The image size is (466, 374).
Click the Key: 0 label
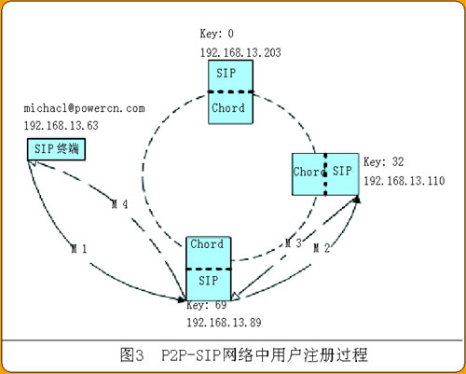click(x=216, y=34)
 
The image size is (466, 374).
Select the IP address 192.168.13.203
click(x=240, y=52)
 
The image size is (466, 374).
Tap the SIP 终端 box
click(x=56, y=149)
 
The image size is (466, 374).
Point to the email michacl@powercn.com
click(x=84, y=108)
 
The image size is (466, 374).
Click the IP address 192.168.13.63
click(x=62, y=126)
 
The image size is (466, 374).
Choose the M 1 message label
click(x=79, y=249)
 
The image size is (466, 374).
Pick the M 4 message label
click(x=119, y=204)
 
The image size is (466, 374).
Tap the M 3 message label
click(x=294, y=243)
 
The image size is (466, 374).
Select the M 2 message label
click(x=322, y=248)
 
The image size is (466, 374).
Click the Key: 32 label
click(x=384, y=162)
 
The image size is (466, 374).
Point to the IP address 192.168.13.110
click(x=404, y=181)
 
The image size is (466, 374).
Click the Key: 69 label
click(x=207, y=305)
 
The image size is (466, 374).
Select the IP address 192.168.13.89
click(x=224, y=323)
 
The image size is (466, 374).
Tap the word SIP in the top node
click(x=226, y=74)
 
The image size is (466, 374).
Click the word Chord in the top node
click(x=228, y=108)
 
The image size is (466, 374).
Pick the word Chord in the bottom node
click(x=207, y=244)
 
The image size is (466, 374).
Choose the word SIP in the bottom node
click(x=209, y=281)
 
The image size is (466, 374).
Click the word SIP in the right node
click(x=342, y=171)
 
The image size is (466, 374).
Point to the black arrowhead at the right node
click(x=357, y=200)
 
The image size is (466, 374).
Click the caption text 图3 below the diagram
click(x=132, y=355)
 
